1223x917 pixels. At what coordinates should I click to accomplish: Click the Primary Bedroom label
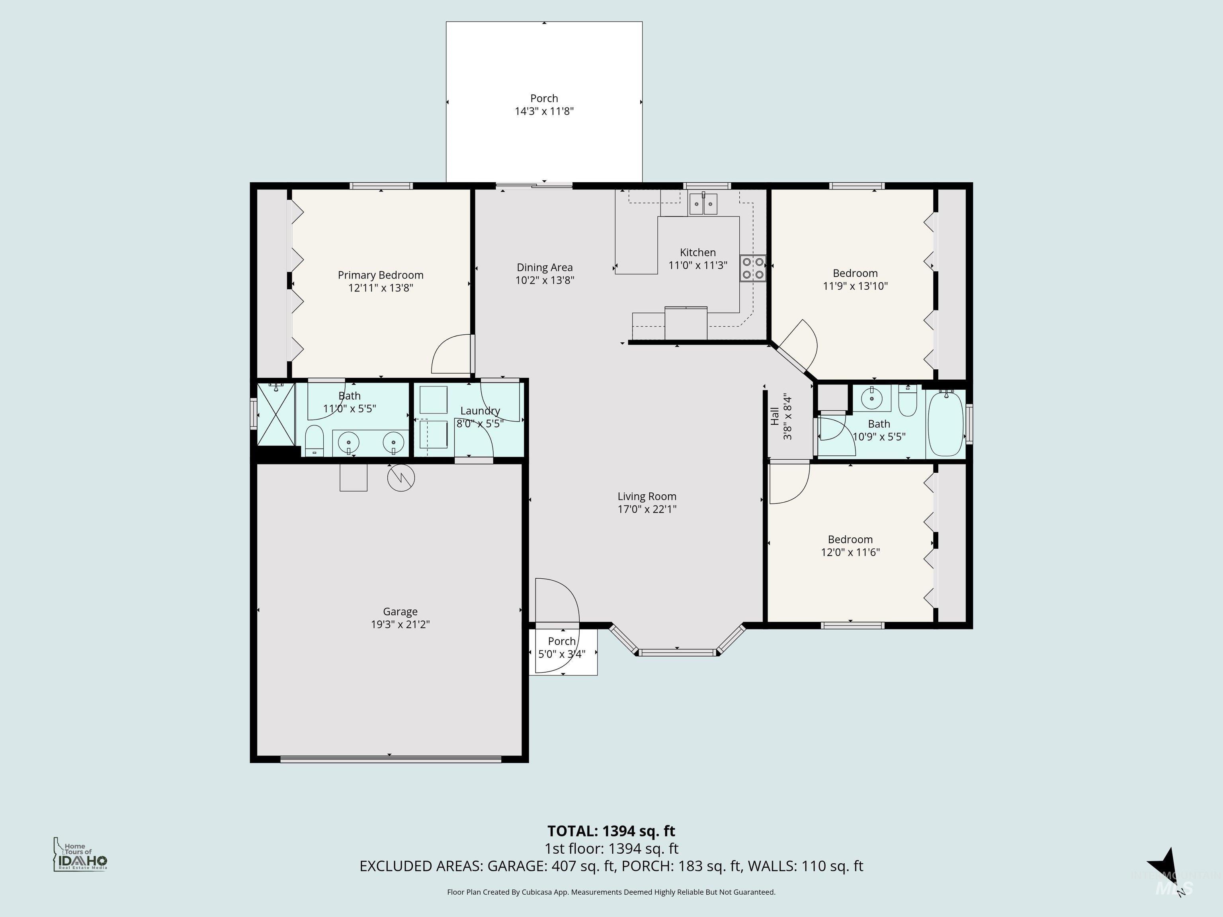point(380,275)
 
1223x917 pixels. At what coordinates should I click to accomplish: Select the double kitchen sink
point(703,204)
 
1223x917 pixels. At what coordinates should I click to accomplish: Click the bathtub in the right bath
point(946,423)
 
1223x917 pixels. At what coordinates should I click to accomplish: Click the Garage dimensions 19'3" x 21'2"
point(400,624)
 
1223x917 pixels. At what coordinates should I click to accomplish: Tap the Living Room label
point(646,496)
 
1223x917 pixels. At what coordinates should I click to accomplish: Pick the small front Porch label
point(562,641)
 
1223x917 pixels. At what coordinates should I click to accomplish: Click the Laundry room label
point(480,411)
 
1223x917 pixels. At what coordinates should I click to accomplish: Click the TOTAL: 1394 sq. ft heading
point(611,831)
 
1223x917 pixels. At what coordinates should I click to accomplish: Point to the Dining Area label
point(544,267)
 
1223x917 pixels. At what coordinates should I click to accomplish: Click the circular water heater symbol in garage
point(401,479)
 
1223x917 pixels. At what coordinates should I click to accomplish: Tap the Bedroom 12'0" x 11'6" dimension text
point(850,552)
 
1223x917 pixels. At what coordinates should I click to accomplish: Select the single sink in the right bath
point(872,398)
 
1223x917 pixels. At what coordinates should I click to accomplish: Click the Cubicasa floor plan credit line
point(611,892)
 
